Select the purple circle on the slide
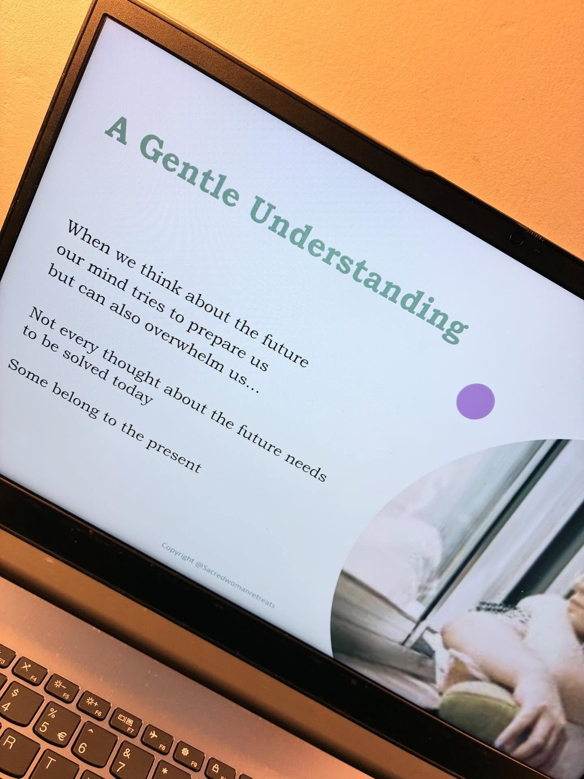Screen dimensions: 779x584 click(x=475, y=401)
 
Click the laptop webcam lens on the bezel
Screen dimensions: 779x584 click(x=516, y=238)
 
